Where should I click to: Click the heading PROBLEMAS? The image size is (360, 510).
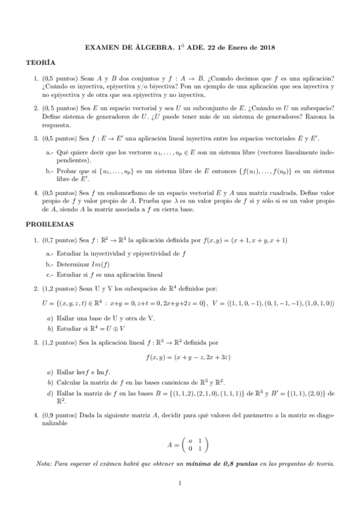tap(49, 224)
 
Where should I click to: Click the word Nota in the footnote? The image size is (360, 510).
tap(45, 464)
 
